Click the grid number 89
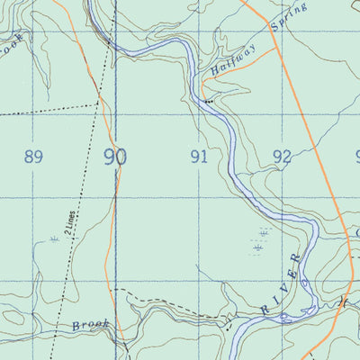click(33, 157)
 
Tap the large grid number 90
click(114, 157)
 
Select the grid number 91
click(200, 157)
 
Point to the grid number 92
click(282, 157)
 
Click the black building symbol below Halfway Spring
click(209, 102)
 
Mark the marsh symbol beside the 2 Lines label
click(55, 238)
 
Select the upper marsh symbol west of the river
click(262, 232)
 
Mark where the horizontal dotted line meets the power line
click(96, 105)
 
